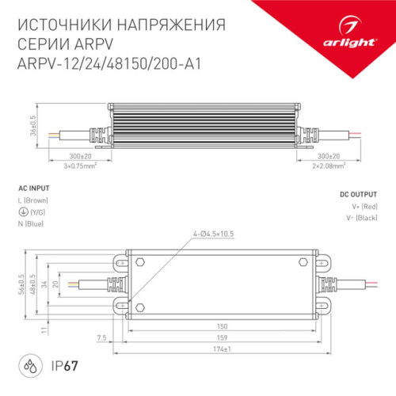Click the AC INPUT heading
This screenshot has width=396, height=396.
point(32,188)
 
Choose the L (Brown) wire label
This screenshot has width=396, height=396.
point(32,201)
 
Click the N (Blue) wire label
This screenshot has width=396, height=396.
point(30,225)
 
